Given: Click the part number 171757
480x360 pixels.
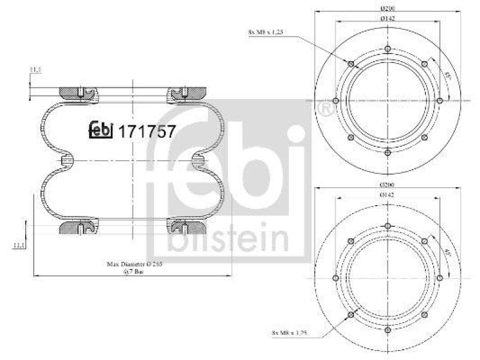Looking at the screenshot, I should (x=148, y=131).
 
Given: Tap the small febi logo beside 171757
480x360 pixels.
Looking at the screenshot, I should (x=101, y=130).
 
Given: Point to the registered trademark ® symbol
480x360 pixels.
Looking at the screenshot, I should (x=325, y=110).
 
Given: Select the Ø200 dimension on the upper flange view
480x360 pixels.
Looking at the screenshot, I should (x=387, y=9).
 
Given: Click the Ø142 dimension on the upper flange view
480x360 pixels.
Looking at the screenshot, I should (x=387, y=19).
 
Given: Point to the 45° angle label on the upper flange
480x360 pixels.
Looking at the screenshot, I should (x=447, y=77).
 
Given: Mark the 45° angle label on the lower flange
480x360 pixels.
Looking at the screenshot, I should (x=447, y=254).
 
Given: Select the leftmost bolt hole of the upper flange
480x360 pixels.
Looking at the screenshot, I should (x=335, y=100).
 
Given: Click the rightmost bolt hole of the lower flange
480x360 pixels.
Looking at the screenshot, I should (x=440, y=278).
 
